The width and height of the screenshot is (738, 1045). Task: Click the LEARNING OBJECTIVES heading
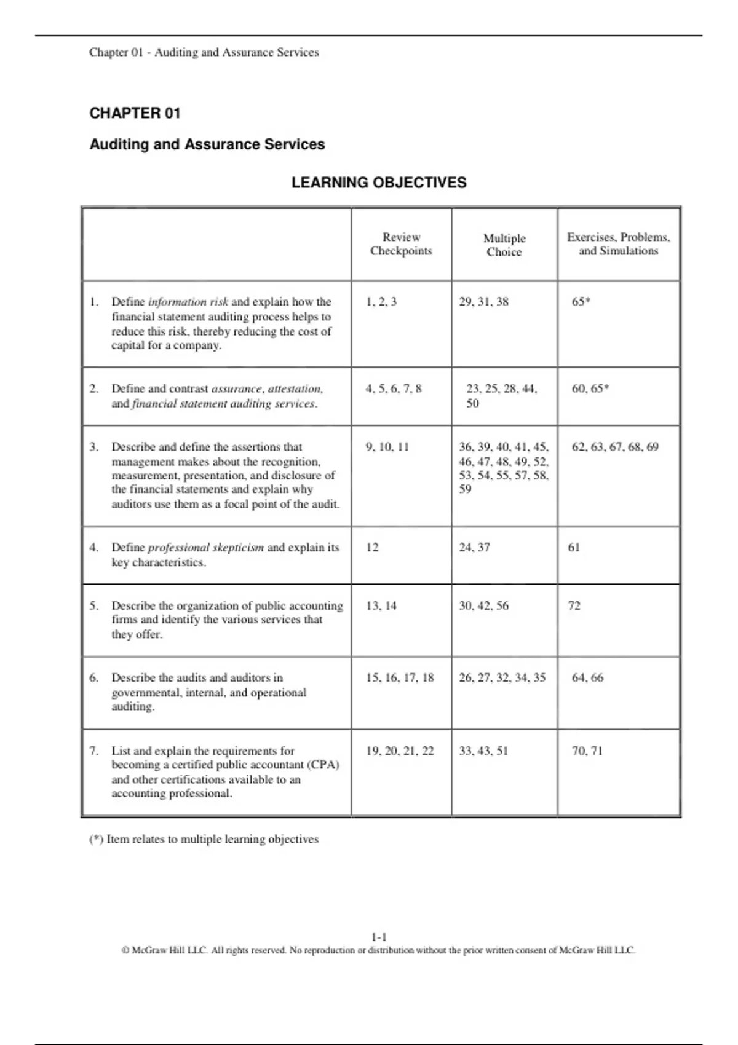[379, 183]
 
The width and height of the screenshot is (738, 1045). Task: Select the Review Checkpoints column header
[401, 244]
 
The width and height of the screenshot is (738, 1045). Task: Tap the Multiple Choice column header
[504, 245]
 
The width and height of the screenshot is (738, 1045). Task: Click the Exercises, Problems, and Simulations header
[618, 244]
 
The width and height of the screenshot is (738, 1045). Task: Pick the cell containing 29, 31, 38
[484, 302]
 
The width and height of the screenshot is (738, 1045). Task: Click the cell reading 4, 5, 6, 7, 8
[394, 388]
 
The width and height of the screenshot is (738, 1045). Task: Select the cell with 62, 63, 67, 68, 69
[615, 447]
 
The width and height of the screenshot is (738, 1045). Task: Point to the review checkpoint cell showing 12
[373, 547]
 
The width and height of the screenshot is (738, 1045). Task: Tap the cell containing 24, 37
[475, 547]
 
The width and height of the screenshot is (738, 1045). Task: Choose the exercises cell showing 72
[574, 605]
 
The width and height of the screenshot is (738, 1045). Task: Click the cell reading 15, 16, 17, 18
[400, 677]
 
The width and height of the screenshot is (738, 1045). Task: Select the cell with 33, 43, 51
[484, 751]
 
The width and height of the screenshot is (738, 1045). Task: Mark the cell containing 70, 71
[587, 751]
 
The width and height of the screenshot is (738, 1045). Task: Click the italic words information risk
[188, 302]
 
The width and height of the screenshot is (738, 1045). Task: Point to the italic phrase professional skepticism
[206, 547]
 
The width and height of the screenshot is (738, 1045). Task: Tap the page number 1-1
[379, 937]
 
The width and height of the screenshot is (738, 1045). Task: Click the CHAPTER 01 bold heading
[135, 113]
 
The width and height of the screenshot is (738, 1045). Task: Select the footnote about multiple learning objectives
[204, 839]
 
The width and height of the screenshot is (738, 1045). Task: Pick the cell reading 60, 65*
[590, 388]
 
